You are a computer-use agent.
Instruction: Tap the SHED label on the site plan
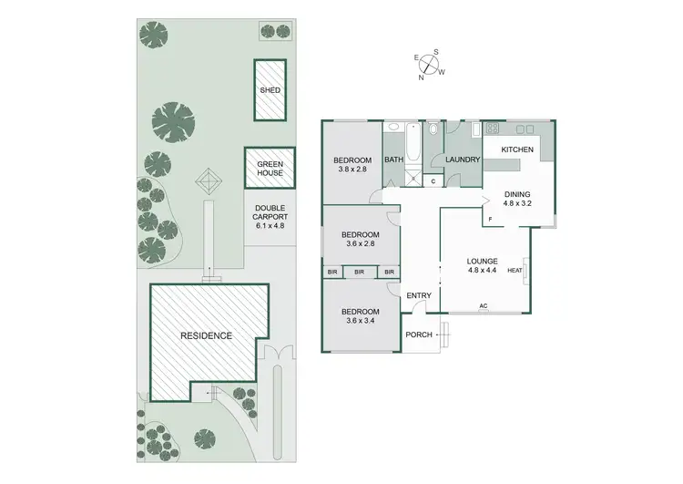click(x=270, y=90)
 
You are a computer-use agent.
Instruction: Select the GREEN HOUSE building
click(x=270, y=169)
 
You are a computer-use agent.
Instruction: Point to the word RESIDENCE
click(x=205, y=335)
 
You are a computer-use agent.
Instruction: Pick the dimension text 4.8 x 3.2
click(x=516, y=204)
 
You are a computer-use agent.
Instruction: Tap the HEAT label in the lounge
click(x=514, y=269)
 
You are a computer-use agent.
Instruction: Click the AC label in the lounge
click(x=484, y=306)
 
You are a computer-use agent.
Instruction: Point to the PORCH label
click(x=419, y=335)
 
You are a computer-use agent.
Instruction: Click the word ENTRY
click(x=419, y=295)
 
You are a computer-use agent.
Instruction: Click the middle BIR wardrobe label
click(x=360, y=272)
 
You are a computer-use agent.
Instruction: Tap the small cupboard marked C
click(x=433, y=180)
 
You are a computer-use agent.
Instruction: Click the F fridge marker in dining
click(x=490, y=220)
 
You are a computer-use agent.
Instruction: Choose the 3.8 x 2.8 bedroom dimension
click(x=351, y=169)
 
